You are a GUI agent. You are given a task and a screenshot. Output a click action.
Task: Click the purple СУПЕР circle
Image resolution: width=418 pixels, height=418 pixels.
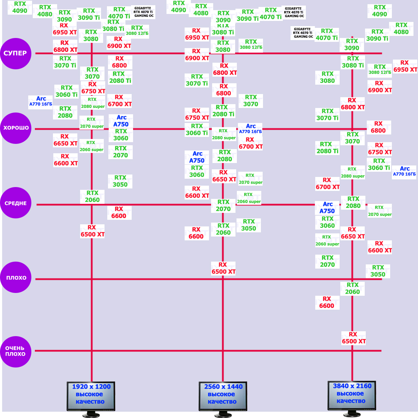(x=16, y=53)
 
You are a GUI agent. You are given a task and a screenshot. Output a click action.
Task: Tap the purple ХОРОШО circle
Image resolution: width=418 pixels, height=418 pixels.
(x=16, y=128)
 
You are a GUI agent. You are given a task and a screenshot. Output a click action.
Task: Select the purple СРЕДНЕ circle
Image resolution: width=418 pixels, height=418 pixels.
(x=16, y=203)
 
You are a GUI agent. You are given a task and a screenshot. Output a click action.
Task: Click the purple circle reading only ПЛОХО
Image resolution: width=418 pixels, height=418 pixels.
(x=16, y=278)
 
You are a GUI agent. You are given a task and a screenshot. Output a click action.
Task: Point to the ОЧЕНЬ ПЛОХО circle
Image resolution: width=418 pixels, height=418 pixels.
(x=16, y=351)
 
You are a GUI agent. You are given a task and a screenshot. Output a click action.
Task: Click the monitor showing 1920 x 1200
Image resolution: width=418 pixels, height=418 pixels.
(x=91, y=396)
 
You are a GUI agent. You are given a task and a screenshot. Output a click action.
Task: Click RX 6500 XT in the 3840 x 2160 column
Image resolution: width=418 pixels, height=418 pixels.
(x=354, y=338)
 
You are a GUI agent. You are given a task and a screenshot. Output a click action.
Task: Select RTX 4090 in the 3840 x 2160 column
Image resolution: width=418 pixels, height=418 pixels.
(x=380, y=11)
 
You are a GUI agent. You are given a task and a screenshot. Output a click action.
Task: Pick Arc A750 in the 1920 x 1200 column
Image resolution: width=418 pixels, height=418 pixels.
(x=121, y=121)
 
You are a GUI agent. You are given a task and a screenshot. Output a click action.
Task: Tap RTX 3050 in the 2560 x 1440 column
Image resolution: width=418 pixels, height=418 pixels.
(x=249, y=225)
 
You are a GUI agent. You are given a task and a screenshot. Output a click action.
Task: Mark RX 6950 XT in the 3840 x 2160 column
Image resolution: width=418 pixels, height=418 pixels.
(x=405, y=66)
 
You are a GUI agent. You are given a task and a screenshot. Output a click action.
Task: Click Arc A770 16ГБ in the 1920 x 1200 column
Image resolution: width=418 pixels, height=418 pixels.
(x=41, y=101)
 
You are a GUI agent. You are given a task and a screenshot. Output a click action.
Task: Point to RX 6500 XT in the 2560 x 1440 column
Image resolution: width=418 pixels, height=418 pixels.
(x=223, y=268)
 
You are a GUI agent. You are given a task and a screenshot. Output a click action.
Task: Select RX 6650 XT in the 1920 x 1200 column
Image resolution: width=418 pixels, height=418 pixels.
(x=65, y=140)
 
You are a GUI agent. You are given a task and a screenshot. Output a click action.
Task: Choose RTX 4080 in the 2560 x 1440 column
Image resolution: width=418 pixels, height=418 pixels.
(x=201, y=10)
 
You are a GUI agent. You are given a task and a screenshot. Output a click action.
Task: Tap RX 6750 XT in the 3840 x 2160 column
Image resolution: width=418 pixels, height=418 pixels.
(x=380, y=149)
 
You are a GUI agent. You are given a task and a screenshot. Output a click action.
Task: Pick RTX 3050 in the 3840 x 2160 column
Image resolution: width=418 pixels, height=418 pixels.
(x=378, y=271)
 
